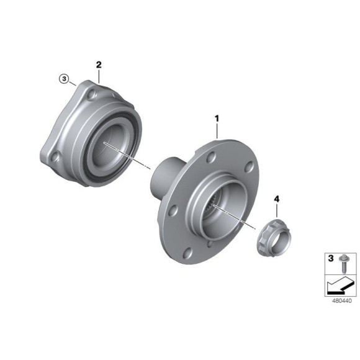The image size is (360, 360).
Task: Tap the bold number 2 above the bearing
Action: (99, 65)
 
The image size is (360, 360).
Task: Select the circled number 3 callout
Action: (63, 79)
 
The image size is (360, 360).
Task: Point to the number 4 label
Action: (277, 199)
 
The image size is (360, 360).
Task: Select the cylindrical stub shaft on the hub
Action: (166, 176)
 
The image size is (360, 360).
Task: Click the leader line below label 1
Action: (217, 130)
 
